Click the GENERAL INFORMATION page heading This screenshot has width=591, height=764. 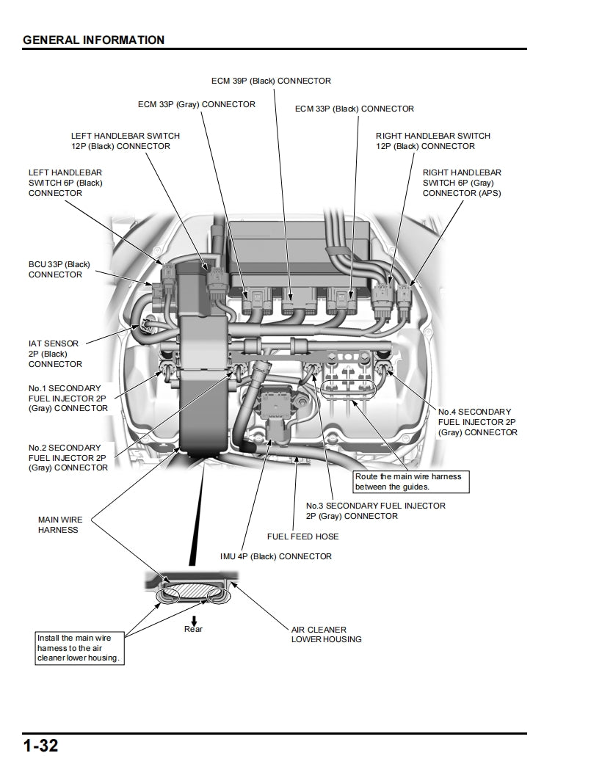point(93,40)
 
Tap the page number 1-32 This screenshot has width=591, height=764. point(40,746)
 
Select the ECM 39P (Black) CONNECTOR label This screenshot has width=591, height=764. point(271,81)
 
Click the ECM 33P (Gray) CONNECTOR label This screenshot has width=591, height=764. point(197,104)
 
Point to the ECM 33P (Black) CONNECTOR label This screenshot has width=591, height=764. point(354,109)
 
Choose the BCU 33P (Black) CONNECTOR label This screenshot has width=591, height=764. point(59,269)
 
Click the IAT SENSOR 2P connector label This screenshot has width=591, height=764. point(55,353)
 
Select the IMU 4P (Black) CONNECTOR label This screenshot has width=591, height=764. point(275,556)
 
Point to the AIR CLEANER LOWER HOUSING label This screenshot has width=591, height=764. point(326,634)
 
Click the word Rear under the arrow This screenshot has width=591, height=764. point(193,629)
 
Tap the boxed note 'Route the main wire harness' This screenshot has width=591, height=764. point(410,481)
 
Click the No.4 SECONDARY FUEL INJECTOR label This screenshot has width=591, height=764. point(477,422)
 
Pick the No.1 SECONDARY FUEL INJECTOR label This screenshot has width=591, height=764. point(68,397)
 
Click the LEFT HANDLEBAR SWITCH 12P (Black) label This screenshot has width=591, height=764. point(125,141)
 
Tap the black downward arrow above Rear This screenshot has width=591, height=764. point(193,619)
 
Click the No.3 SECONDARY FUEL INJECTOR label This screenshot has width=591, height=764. point(375,511)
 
